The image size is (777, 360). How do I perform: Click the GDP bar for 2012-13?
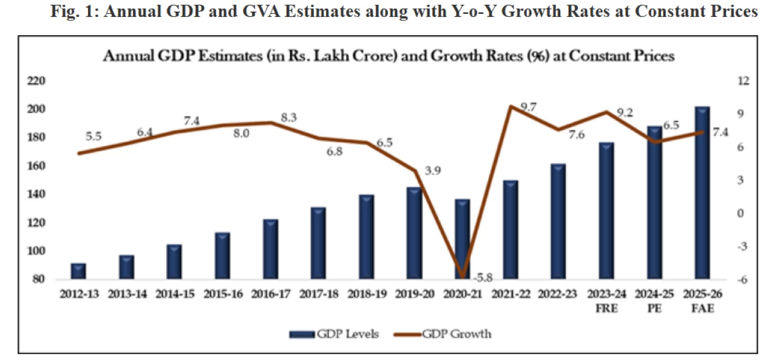coord(78,271)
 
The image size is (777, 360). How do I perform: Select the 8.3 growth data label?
coord(290,118)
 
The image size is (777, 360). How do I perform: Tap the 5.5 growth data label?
coord(94,137)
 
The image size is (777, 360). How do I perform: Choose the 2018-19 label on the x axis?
coord(367,294)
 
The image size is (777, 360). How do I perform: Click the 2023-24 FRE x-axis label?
coord(606,300)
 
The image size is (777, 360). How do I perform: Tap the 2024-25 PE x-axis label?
coord(654,300)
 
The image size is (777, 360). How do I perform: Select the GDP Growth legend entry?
coord(451,333)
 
